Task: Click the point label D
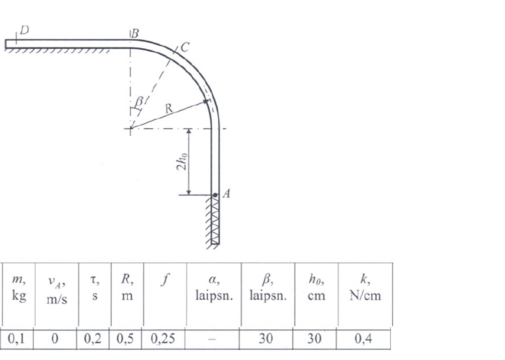(x=25, y=30)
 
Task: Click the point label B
(x=135, y=33)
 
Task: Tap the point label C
(x=185, y=47)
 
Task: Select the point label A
(x=226, y=194)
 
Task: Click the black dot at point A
(x=215, y=195)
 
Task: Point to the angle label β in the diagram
(x=139, y=102)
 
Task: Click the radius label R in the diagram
(x=169, y=108)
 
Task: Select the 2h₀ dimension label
(x=182, y=161)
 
